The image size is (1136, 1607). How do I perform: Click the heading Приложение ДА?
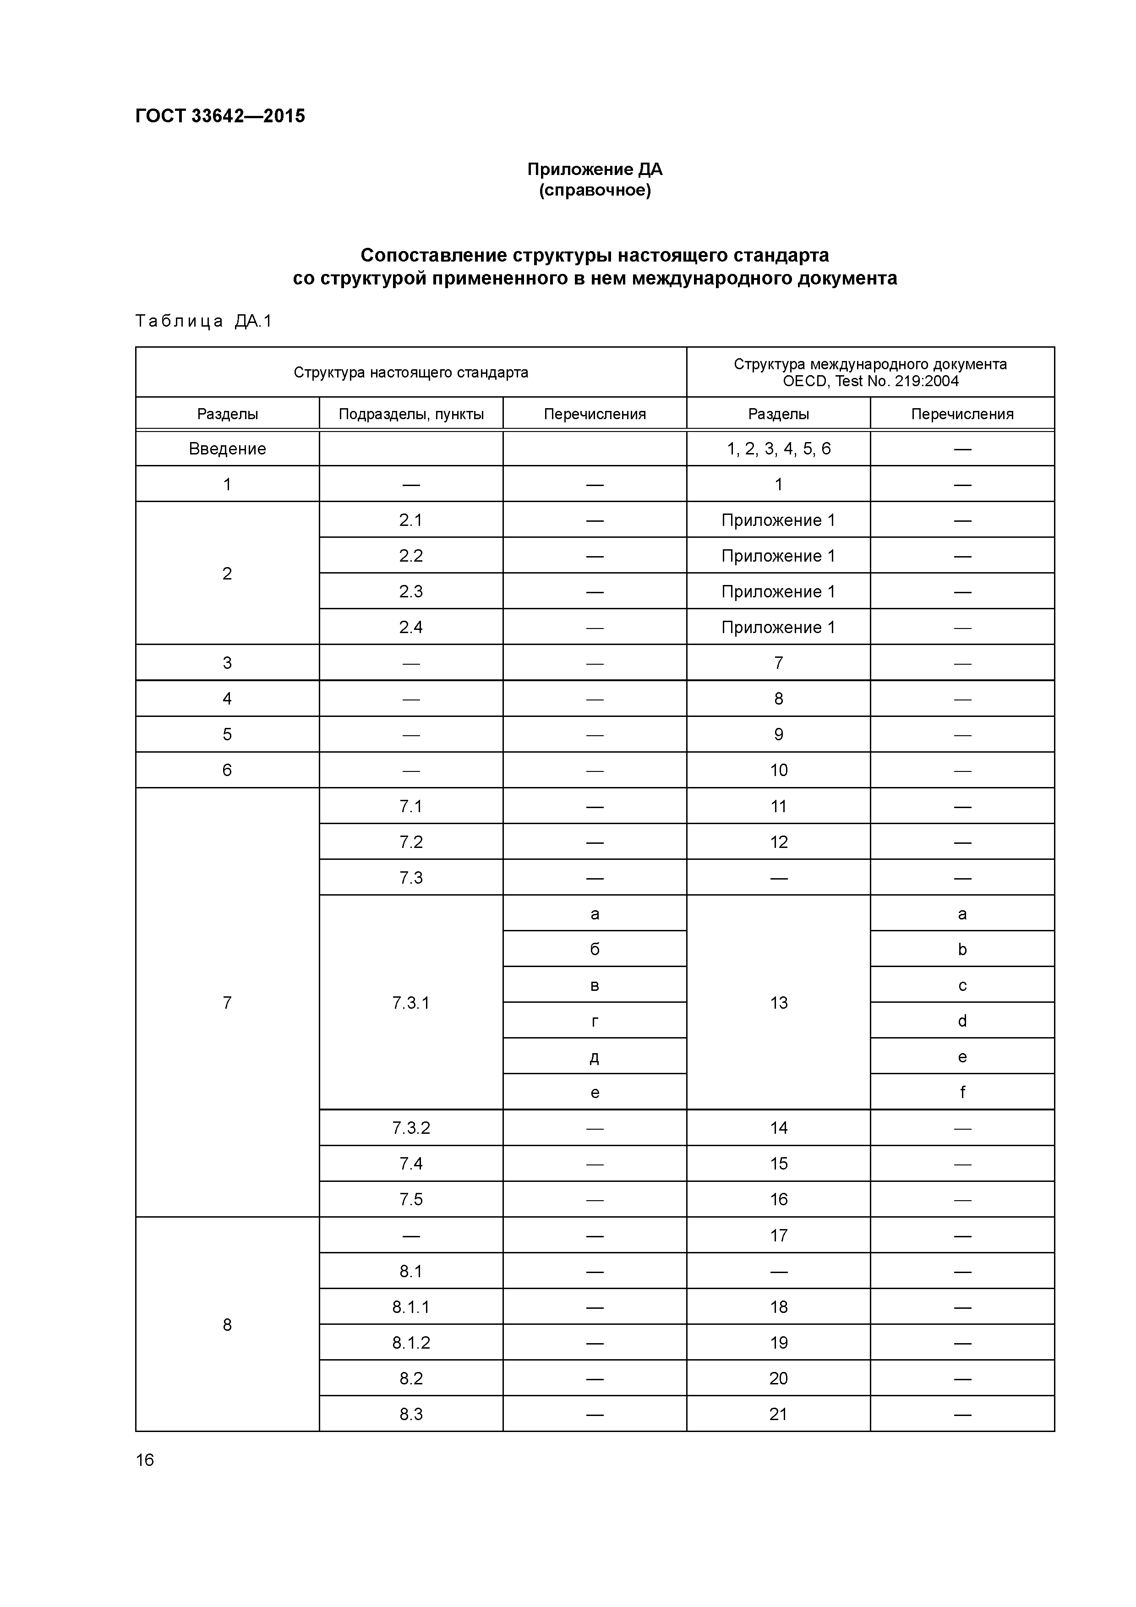click(x=594, y=169)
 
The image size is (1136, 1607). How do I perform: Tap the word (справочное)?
click(x=594, y=191)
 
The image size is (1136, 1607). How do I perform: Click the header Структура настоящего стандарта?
click(x=411, y=372)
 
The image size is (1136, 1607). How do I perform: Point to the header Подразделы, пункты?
click(x=411, y=414)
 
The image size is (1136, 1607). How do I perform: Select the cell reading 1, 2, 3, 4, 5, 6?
click(x=778, y=448)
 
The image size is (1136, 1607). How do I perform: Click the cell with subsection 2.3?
click(x=411, y=591)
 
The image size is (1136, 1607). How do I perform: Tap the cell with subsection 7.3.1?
click(x=411, y=1002)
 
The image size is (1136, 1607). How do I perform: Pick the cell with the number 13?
click(x=778, y=1002)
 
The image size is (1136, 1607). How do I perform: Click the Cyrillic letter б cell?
click(x=594, y=949)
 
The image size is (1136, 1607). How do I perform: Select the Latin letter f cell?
click(x=962, y=1092)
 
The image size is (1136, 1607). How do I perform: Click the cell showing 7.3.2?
click(x=411, y=1127)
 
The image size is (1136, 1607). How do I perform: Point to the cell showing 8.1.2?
click(x=411, y=1342)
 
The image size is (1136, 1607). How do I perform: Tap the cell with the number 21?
click(x=778, y=1414)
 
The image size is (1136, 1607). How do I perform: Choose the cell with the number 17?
click(x=778, y=1235)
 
